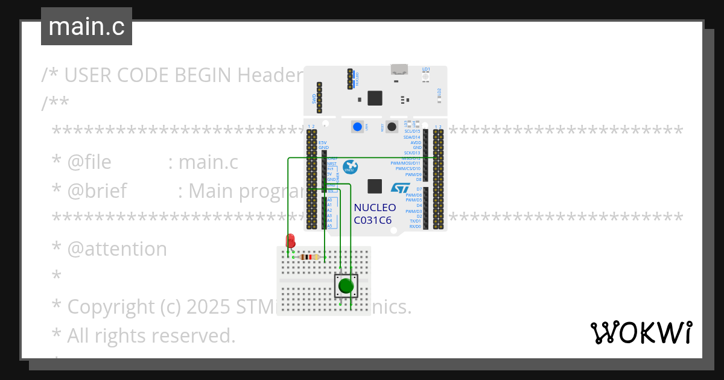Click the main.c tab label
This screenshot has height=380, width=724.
tap(86, 27)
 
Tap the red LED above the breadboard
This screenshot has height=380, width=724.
tap(290, 241)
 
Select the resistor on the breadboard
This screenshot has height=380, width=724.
tap(309, 257)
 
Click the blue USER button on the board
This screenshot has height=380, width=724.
tap(358, 127)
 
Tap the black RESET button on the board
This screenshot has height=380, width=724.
tap(391, 127)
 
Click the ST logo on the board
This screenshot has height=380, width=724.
tap(400, 188)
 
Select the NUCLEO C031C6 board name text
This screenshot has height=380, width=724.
tap(375, 214)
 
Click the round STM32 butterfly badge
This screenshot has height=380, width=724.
tap(350, 168)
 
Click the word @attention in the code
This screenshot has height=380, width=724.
tap(117, 249)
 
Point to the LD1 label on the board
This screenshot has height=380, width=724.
tap(426, 69)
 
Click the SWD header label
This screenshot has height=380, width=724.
tap(314, 98)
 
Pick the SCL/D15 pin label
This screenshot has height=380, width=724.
tap(412, 131)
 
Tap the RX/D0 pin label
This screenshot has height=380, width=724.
tap(415, 227)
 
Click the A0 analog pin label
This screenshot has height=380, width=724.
tap(329, 200)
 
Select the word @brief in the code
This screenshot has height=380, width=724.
tap(97, 191)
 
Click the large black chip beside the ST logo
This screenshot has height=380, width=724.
tap(375, 186)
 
